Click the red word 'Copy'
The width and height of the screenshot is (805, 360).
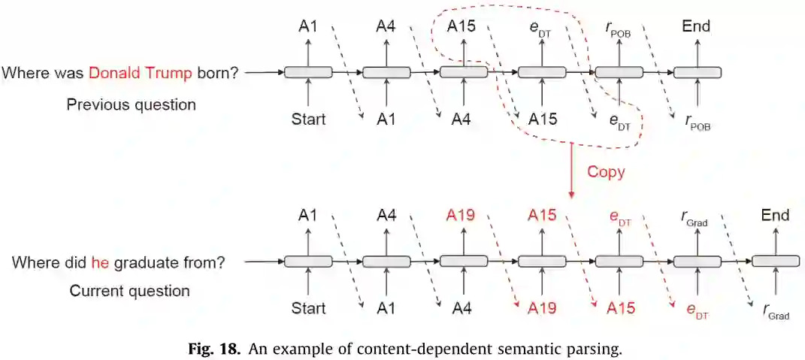pyautogui.click(x=606, y=171)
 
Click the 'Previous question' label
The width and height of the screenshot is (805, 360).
pyautogui.click(x=131, y=104)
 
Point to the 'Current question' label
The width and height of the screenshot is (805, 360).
pyautogui.click(x=129, y=290)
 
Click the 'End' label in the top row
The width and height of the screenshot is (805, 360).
pyautogui.click(x=696, y=27)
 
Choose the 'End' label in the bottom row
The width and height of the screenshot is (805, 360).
pyautogui.click(x=774, y=216)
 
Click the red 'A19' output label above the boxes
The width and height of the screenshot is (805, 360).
pyautogui.click(x=462, y=216)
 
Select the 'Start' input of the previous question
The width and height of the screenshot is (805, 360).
pyautogui.click(x=308, y=119)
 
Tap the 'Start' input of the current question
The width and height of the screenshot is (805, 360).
pyautogui.click(x=308, y=308)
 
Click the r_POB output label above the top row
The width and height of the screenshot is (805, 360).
pyautogui.click(x=619, y=29)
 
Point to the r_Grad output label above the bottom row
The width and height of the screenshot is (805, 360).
pyautogui.click(x=697, y=218)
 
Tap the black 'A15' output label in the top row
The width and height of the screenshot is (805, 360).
pyautogui.click(x=462, y=27)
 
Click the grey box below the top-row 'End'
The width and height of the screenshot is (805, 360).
pyautogui.click(x=697, y=72)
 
